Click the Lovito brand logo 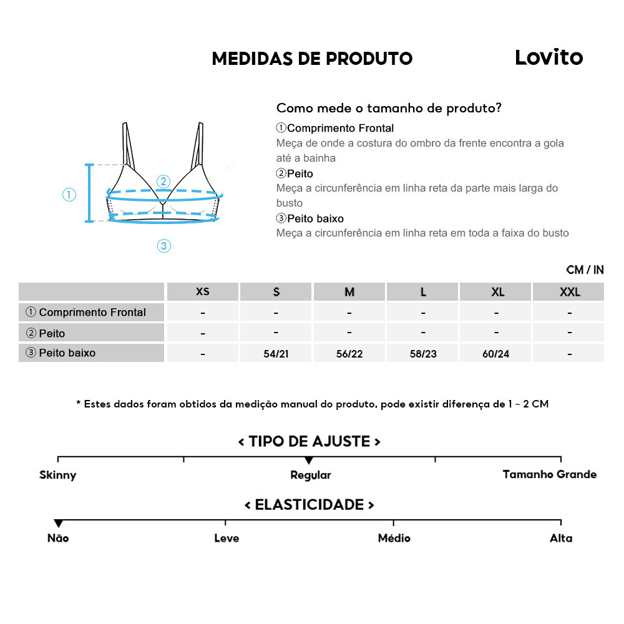(548, 57)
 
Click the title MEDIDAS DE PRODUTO (312, 59)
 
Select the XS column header (203, 292)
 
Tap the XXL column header (570, 292)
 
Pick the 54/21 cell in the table (276, 354)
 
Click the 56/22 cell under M (349, 354)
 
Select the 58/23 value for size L (423, 354)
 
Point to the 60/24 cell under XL (496, 354)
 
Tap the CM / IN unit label (585, 270)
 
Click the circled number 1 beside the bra (69, 195)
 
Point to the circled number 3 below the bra (163, 246)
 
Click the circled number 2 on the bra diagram (163, 182)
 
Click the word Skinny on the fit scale (57, 475)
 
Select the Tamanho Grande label (549, 474)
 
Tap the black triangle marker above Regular (308, 461)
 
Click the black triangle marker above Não (58, 523)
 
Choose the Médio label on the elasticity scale (394, 538)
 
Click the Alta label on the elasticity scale (561, 538)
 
